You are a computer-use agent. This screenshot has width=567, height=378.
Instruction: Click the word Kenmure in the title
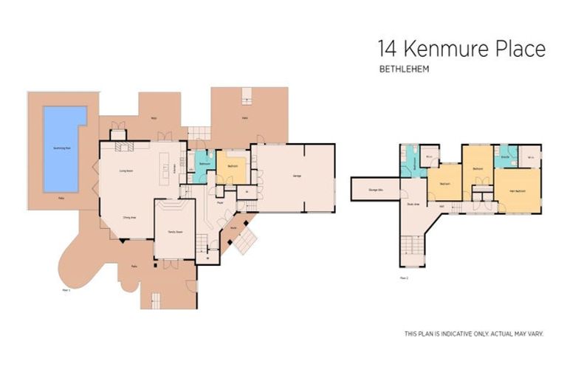point(442,49)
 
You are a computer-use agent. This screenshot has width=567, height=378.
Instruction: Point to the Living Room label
point(126,170)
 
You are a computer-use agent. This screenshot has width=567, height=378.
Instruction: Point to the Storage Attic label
point(374,190)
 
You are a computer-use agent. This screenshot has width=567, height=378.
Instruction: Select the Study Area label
point(413,205)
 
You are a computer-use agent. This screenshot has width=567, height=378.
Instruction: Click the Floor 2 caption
point(404,278)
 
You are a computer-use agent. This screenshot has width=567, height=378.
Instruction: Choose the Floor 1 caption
point(66,290)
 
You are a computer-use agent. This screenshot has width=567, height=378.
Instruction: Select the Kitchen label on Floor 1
point(175,169)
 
